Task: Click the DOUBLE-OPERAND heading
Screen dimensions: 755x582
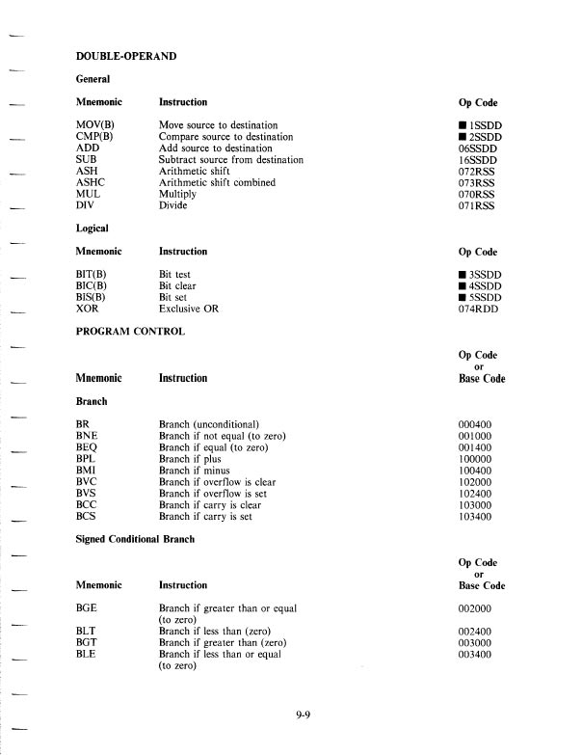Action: (125, 57)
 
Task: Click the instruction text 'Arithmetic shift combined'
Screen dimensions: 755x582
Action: (217, 182)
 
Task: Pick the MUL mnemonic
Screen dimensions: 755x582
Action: (89, 194)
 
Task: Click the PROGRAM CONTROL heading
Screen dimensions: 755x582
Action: (137, 331)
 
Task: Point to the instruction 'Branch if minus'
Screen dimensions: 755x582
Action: (196, 471)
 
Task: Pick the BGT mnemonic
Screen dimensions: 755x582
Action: (88, 641)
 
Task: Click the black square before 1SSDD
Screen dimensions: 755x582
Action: (463, 126)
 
